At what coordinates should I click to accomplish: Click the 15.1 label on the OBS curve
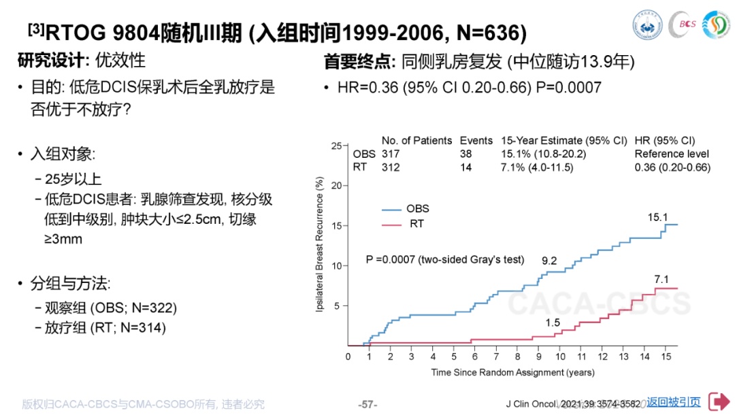[657, 218]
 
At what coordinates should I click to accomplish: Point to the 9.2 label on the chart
[550, 260]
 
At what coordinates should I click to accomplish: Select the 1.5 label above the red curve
[553, 322]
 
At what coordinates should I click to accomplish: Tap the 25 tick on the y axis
[336, 146]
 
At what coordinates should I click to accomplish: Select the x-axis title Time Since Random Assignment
[512, 372]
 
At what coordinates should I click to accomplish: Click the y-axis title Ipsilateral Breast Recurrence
[319, 246]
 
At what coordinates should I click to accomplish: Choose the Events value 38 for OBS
[465, 154]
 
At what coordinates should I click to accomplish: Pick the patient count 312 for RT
[391, 167]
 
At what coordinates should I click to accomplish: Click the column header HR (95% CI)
[664, 141]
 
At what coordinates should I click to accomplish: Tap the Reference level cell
[671, 154]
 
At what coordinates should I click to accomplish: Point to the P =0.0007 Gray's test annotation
[445, 259]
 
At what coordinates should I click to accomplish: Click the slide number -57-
[367, 403]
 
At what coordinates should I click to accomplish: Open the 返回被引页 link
[674, 402]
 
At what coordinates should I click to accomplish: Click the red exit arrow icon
[719, 401]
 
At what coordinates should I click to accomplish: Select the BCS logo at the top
[682, 24]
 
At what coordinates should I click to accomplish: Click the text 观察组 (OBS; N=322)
[111, 308]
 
